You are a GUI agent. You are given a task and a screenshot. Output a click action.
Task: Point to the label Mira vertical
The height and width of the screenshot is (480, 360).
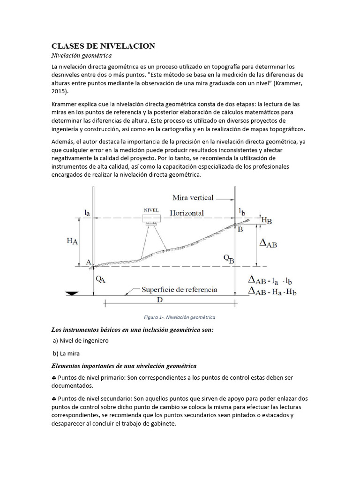point(187,197)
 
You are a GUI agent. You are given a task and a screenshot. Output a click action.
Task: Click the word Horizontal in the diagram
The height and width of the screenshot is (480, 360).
point(187,213)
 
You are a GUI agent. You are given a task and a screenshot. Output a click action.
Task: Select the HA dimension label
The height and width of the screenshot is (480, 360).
point(72,240)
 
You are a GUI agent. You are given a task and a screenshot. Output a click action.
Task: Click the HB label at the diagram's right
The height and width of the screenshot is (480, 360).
point(266,220)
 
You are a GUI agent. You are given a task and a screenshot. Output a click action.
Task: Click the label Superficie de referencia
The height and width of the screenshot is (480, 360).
point(180,289)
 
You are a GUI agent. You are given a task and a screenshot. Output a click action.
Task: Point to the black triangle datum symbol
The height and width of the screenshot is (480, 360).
point(72,293)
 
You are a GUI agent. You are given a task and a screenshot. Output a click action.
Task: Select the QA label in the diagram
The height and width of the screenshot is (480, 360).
point(100,278)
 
